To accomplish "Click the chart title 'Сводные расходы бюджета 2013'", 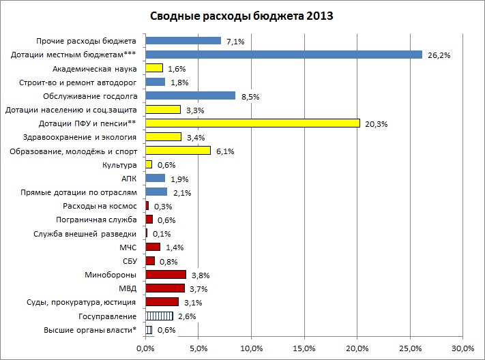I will [241, 16].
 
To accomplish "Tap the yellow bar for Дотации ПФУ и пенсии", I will [252, 123].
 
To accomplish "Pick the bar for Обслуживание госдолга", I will [190, 95].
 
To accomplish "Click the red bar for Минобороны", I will [166, 275].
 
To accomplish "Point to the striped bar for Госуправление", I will [159, 316].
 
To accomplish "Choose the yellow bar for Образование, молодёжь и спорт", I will [178, 151].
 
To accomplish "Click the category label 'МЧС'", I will [128, 247].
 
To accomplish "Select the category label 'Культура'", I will [121, 165].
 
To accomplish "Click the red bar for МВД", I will [165, 288].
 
